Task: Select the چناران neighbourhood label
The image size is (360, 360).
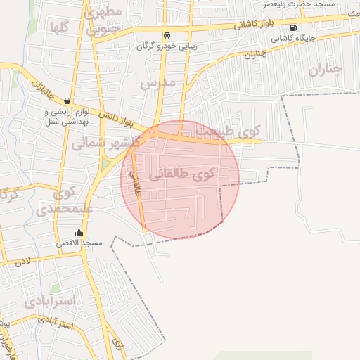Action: (325, 68)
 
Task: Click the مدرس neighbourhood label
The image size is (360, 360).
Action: (156, 83)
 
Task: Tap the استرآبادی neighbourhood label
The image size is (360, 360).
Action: (49, 301)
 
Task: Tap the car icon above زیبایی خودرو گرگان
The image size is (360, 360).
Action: (166, 35)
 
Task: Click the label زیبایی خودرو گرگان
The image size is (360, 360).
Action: (167, 46)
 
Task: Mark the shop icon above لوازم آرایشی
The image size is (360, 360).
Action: (67, 101)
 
